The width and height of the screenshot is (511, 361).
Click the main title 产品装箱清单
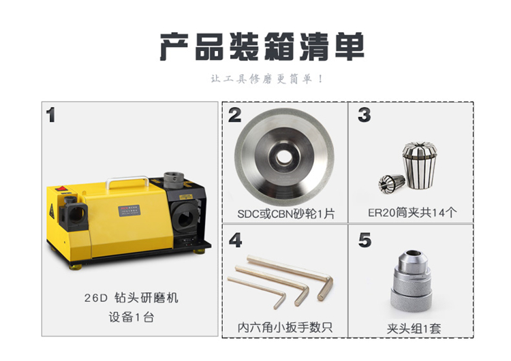[262, 46]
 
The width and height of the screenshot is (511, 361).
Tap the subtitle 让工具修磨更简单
[266, 79]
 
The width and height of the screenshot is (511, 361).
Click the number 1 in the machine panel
[50, 115]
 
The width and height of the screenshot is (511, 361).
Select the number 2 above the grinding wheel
[234, 115]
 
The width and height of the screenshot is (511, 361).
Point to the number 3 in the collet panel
[364, 115]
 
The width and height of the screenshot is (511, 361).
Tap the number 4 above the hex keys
[235, 240]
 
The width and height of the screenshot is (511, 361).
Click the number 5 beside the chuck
[365, 240]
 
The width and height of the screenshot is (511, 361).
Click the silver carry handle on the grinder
[127, 181]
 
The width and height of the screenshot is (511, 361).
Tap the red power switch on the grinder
[61, 188]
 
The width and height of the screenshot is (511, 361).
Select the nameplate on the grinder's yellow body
[129, 210]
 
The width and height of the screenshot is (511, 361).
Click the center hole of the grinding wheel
[284, 158]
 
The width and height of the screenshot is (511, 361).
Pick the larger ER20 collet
[420, 166]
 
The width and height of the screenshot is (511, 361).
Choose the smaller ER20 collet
[391, 183]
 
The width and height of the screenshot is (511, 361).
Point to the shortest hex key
[257, 292]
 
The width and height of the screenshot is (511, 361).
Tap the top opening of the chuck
[412, 253]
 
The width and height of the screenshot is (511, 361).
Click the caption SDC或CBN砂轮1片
[285, 214]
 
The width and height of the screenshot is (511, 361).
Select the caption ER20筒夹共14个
[412, 213]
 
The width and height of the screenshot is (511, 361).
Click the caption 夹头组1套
[414, 328]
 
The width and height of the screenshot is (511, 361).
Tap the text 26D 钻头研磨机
[131, 298]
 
